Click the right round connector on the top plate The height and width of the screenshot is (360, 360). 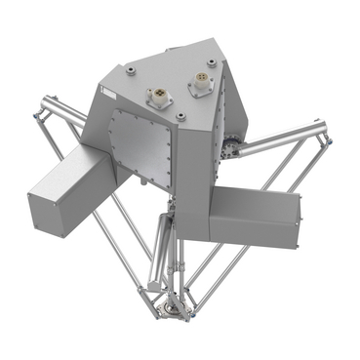point(199,84)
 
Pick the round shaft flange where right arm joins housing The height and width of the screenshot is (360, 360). point(232,149)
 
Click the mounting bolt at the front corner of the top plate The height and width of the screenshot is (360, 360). point(180,117)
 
